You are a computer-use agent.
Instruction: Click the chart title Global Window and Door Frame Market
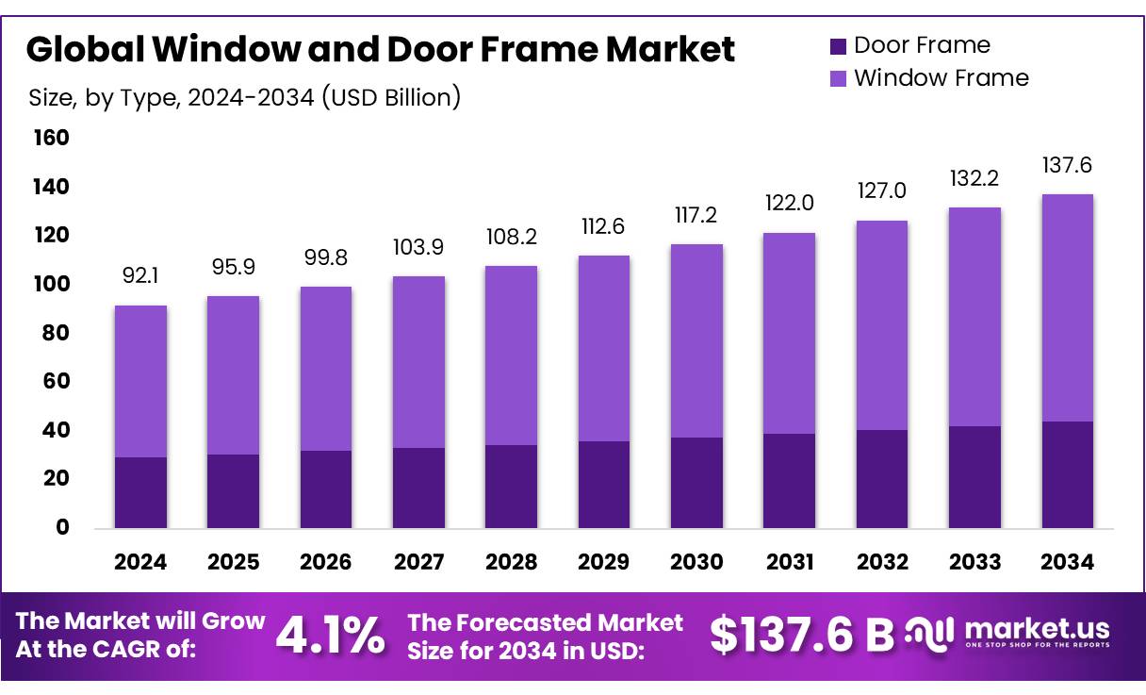380,49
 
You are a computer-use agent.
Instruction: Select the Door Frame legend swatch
838,45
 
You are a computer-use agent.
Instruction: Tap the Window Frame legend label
941,77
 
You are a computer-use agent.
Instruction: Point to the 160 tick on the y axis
52,139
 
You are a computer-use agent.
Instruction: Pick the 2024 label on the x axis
140,562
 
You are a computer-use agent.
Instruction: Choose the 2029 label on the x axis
603,562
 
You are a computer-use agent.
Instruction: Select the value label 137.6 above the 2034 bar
1067,166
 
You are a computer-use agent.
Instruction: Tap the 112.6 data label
603,227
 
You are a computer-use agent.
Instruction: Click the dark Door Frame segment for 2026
325,488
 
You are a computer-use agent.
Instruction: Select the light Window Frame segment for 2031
789,333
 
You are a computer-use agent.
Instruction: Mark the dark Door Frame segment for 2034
1067,474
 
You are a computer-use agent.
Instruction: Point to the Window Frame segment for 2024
140,381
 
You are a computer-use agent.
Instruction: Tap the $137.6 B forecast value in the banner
801,635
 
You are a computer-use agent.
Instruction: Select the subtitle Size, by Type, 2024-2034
245,97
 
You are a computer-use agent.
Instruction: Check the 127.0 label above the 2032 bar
881,190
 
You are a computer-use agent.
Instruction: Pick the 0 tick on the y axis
63,527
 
